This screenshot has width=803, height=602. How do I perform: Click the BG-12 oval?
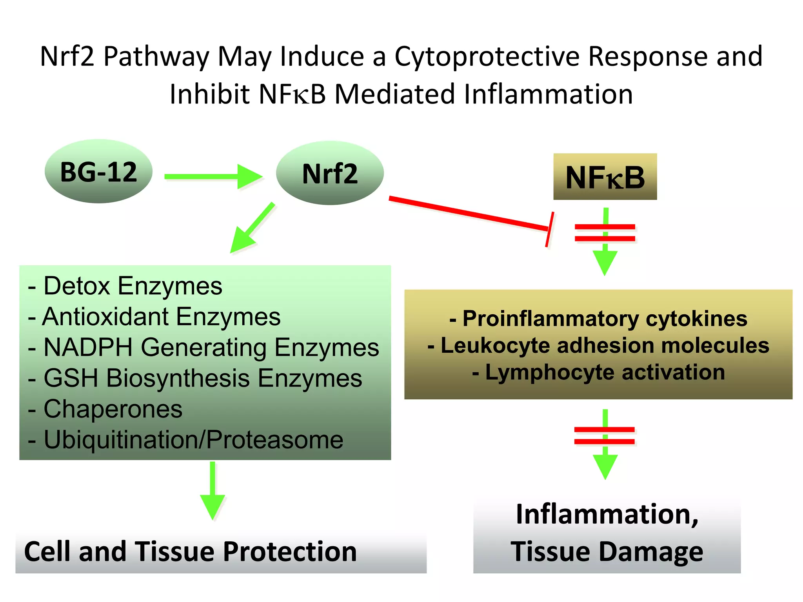(98, 171)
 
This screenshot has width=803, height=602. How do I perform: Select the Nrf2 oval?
(330, 173)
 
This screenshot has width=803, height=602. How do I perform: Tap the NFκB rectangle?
(605, 177)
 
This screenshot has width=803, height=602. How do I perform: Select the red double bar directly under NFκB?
(605, 233)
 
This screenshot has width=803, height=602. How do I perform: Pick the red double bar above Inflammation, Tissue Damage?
(605, 435)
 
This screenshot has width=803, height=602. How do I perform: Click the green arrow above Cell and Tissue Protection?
(213, 490)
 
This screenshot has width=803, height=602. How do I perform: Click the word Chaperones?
(113, 409)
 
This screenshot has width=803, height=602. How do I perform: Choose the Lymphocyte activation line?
(599, 372)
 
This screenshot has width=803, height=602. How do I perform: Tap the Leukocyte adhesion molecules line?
(599, 345)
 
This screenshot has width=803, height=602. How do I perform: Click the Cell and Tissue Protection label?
(191, 551)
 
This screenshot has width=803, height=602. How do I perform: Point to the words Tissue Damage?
(607, 551)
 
